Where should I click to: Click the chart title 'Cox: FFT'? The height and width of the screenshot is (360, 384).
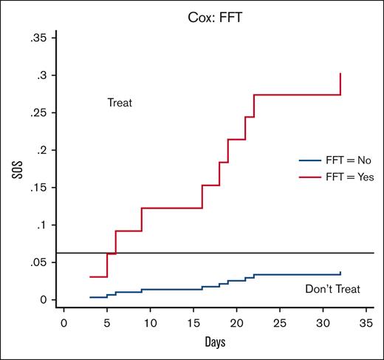coord(214,13)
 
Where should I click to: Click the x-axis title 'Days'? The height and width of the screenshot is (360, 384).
coord(215,344)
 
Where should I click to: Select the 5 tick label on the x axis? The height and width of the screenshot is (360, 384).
coord(107,323)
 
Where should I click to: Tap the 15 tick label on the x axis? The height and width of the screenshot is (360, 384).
coord(193,323)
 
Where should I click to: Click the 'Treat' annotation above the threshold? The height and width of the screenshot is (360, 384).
coord(120,103)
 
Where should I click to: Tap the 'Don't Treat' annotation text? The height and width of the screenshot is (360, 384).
coord(332,289)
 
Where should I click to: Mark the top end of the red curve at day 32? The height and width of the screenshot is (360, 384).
coord(340,73)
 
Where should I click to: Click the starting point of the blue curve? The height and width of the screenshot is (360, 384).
coord(90,297)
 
